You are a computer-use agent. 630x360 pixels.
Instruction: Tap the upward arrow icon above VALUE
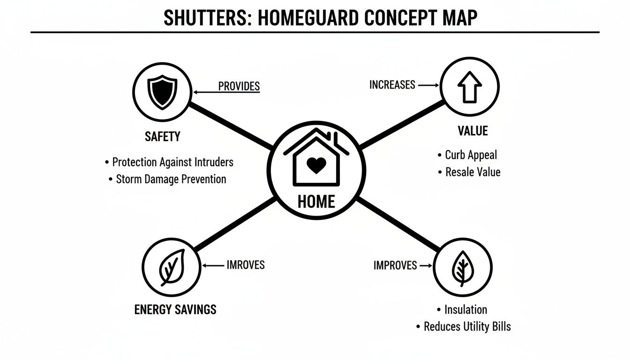click(470, 87)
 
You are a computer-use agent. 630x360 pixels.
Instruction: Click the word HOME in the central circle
click(316, 202)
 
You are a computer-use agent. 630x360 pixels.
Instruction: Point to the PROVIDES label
click(239, 86)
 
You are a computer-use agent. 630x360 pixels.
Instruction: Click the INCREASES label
click(392, 85)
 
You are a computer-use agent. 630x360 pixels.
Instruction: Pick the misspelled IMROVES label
click(246, 265)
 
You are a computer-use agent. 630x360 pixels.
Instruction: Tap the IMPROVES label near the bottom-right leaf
click(395, 265)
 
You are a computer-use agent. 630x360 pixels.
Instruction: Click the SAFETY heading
click(162, 136)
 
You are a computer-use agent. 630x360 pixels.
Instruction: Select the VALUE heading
click(472, 131)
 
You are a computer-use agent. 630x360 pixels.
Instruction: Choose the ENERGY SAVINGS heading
click(175, 309)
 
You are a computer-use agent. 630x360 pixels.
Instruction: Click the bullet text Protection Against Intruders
click(172, 162)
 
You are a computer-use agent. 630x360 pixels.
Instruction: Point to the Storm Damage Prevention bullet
click(171, 179)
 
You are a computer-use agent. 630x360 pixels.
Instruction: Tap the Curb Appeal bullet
click(471, 155)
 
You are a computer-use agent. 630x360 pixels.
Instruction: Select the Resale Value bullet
click(472, 172)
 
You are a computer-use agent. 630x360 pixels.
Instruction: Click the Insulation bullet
click(465, 309)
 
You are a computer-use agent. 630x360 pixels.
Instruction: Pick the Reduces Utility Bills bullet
click(467, 326)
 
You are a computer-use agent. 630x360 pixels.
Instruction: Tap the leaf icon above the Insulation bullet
click(463, 268)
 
